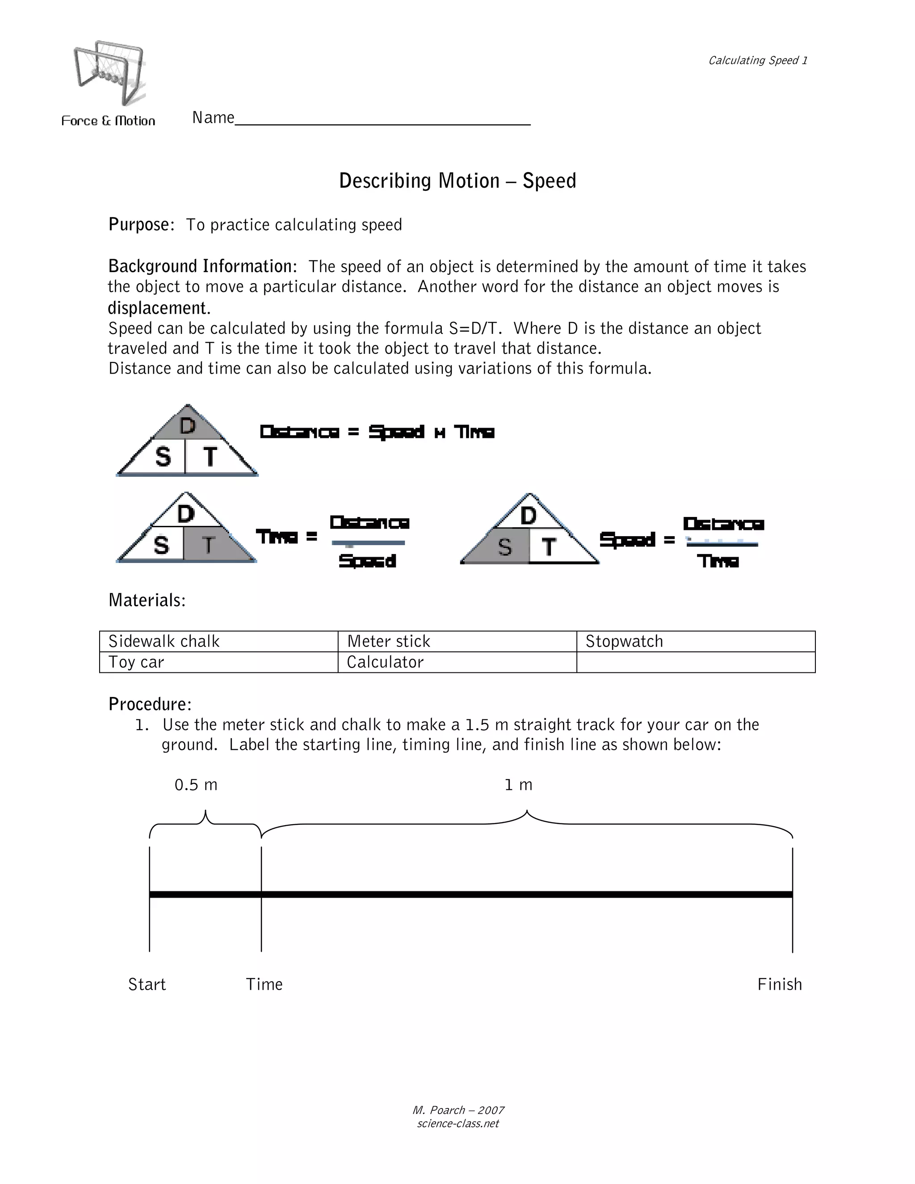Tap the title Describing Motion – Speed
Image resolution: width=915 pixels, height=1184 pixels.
[x=457, y=181]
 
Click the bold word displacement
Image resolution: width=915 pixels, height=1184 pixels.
[x=158, y=308]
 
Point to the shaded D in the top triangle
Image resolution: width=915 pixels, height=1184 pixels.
[x=188, y=426]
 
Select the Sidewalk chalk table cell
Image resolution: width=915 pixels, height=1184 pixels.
[x=218, y=641]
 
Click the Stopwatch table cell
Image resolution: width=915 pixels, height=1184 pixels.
[x=696, y=641]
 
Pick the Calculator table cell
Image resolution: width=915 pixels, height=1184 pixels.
[x=457, y=662]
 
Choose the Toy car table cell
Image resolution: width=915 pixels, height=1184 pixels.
[x=218, y=662]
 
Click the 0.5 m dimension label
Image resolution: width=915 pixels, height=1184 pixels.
[x=196, y=785]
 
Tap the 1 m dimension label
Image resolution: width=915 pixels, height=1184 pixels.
[x=518, y=785]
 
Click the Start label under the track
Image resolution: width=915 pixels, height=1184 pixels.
[x=147, y=984]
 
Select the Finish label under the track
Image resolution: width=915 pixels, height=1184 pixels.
[x=780, y=984]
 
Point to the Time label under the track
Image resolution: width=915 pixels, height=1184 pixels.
[x=264, y=984]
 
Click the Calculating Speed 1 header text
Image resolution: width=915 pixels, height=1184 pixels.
[x=758, y=60]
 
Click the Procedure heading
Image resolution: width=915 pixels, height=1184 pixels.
[x=150, y=704]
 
